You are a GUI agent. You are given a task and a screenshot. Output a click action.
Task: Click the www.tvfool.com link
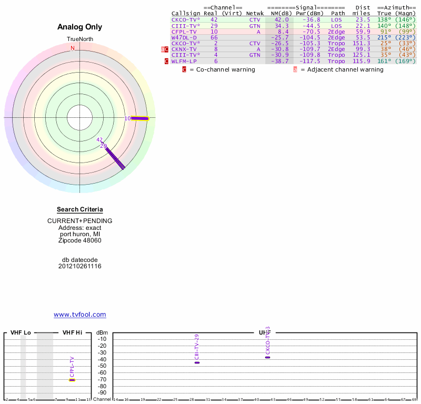click(x=80, y=315)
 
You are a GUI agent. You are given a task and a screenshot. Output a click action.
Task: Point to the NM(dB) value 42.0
click(x=282, y=19)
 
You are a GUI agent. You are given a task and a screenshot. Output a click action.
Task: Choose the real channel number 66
click(x=214, y=37)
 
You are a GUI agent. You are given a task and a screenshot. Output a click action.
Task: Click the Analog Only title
click(x=80, y=27)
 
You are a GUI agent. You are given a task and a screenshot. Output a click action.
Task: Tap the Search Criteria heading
click(x=80, y=209)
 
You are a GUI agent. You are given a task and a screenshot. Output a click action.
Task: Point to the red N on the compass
click(x=73, y=48)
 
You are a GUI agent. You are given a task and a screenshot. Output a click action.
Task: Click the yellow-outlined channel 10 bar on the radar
click(x=140, y=118)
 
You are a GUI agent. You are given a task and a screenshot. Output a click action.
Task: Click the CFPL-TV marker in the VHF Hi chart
click(x=72, y=380)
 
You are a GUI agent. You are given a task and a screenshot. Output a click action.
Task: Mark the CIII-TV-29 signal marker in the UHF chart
click(x=197, y=362)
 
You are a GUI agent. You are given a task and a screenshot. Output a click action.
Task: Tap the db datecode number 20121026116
click(x=80, y=266)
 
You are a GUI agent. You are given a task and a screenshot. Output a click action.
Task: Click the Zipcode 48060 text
click(x=80, y=240)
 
